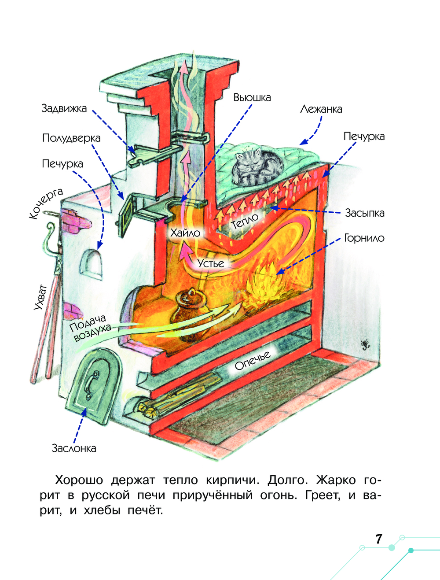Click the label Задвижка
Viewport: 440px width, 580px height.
point(64,109)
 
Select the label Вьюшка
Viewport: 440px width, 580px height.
point(252,98)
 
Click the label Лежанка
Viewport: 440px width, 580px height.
point(321,109)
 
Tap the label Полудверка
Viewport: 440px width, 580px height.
point(71,138)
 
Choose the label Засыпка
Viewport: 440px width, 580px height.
point(364,213)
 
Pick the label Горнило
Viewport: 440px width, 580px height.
point(364,238)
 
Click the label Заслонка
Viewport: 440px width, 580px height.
point(74,448)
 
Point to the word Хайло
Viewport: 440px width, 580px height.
point(185,233)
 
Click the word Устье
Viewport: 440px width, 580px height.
point(211,263)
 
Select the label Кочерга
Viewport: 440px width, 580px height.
point(46,203)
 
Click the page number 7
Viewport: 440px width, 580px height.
point(378,539)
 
